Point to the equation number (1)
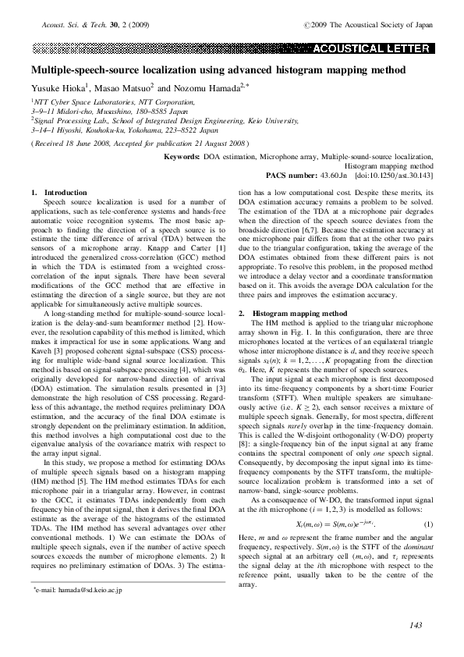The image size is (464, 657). tap(427, 522)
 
